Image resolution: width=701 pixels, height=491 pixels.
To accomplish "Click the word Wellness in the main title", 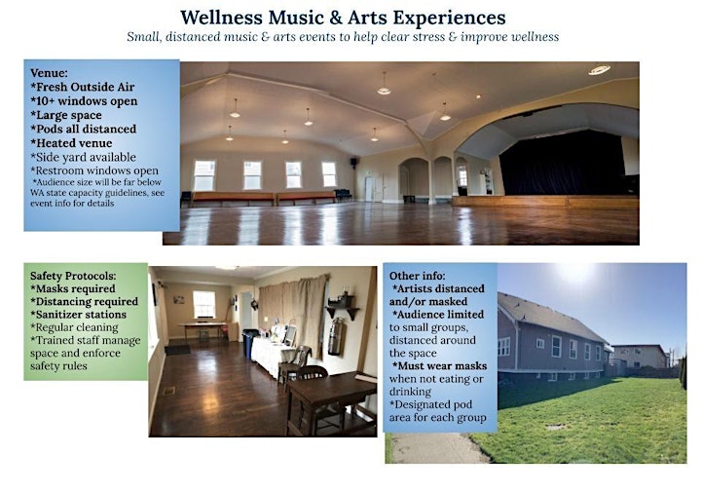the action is pyautogui.click(x=221, y=18).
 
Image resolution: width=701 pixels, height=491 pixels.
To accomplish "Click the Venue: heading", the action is pyautogui.click(x=50, y=73).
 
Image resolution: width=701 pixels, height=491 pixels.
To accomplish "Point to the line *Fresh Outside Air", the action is pyautogui.click(x=83, y=87).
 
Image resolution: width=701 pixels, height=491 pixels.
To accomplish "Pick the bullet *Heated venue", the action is pyautogui.click(x=71, y=143).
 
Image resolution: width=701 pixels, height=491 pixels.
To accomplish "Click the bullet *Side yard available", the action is pyautogui.click(x=83, y=158).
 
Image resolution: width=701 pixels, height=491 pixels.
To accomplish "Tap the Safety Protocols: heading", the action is pyautogui.click(x=73, y=276).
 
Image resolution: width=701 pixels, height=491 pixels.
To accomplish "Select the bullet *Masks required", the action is pyautogui.click(x=73, y=289).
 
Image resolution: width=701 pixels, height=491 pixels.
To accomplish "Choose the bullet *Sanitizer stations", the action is pyautogui.click(x=78, y=315).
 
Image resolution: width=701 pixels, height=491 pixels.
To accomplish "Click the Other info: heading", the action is pyautogui.click(x=417, y=276).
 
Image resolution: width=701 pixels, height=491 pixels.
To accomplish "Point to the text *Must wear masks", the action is pyautogui.click(x=439, y=365).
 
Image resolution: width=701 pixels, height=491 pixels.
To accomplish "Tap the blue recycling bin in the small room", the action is pyautogui.click(x=249, y=343).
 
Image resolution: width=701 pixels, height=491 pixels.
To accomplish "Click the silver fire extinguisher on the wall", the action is pyautogui.click(x=335, y=336).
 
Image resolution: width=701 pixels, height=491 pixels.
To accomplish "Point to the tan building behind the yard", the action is pyautogui.click(x=640, y=356).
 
